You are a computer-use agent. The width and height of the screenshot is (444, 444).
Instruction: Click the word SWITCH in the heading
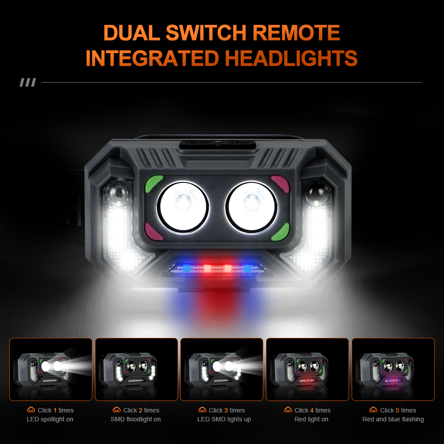coord(206,32)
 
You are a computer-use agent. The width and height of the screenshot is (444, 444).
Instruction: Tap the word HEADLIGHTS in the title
coord(291,58)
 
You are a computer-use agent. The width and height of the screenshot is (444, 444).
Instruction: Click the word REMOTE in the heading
coord(296,32)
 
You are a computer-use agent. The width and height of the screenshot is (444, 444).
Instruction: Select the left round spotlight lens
coord(183,207)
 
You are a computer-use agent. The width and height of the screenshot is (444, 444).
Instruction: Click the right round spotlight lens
coord(251,207)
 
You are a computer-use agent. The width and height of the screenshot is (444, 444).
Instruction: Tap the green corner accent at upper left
coord(153,183)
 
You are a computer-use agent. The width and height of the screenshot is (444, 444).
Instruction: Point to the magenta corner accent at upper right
coord(281,183)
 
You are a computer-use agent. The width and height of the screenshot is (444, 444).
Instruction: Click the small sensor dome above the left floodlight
coord(119,193)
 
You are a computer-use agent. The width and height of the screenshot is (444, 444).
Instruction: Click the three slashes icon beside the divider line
coord(28,83)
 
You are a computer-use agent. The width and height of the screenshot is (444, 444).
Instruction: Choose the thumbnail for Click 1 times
coord(51,369)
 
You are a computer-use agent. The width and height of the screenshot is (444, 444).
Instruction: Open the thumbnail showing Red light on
coord(308,369)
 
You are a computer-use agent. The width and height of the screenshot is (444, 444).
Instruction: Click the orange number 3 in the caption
coord(226,410)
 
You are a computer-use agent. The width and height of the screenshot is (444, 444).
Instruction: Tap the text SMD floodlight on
coord(135,420)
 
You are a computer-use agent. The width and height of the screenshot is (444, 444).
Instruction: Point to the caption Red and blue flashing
coord(393,420)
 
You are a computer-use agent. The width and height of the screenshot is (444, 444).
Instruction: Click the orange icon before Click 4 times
coord(288,410)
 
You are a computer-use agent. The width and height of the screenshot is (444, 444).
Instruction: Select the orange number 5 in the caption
coord(397,410)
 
